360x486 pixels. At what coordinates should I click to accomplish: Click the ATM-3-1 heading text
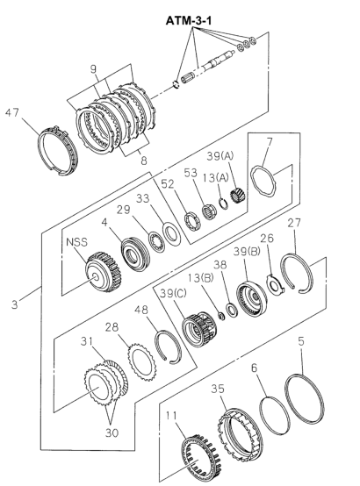(189, 21)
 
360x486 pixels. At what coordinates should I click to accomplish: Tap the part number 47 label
(12, 112)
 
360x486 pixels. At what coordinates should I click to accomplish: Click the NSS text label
(76, 242)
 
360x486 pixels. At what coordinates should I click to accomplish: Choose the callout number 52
(168, 184)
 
